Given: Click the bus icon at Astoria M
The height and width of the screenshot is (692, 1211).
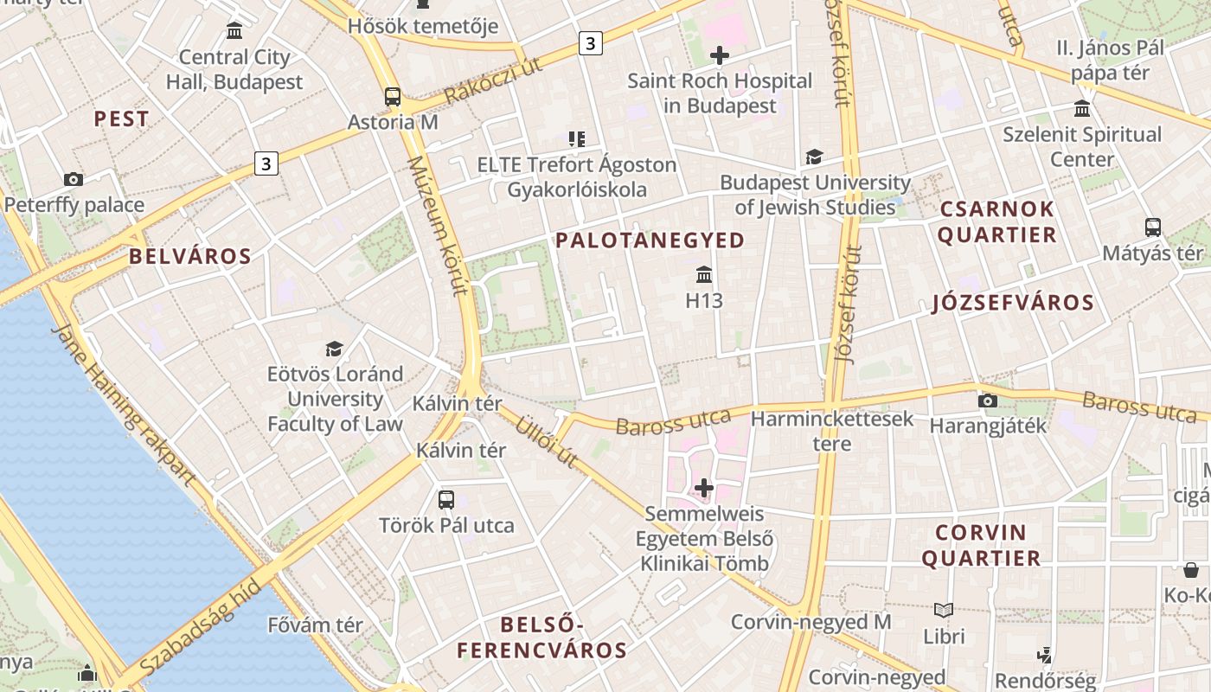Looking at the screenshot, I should click(393, 96).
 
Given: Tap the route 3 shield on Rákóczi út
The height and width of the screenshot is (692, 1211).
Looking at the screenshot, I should click(590, 42).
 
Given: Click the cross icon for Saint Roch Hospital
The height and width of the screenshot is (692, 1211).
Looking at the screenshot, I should click(719, 56).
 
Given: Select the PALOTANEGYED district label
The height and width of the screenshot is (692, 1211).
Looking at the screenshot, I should click(650, 240).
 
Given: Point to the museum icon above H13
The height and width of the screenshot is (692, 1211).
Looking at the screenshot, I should click(704, 275).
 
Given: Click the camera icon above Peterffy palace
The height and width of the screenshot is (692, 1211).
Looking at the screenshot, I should click(74, 180).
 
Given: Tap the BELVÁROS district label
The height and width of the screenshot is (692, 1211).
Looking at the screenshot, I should click(190, 256).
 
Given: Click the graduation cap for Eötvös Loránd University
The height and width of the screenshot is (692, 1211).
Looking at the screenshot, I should click(334, 349).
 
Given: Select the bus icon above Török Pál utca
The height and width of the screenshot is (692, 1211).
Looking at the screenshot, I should click(446, 499).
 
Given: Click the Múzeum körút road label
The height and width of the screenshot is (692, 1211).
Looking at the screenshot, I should click(437, 227).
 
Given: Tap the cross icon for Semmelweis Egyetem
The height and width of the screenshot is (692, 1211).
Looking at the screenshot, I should click(704, 488).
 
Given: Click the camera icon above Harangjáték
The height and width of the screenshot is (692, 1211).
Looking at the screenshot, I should click(987, 400).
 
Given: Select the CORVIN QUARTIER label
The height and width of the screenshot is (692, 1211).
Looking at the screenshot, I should click(981, 545).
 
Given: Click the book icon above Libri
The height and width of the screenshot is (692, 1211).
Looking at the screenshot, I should click(944, 610).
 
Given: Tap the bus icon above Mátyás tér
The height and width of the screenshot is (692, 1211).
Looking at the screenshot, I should click(1153, 227).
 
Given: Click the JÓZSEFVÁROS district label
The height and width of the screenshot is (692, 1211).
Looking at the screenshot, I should click(1014, 303).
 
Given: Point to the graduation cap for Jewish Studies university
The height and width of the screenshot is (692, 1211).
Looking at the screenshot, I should click(814, 157).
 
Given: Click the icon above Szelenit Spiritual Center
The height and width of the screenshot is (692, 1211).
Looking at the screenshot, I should click(1082, 108).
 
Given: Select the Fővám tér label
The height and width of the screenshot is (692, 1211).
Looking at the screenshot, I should click(315, 625).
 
